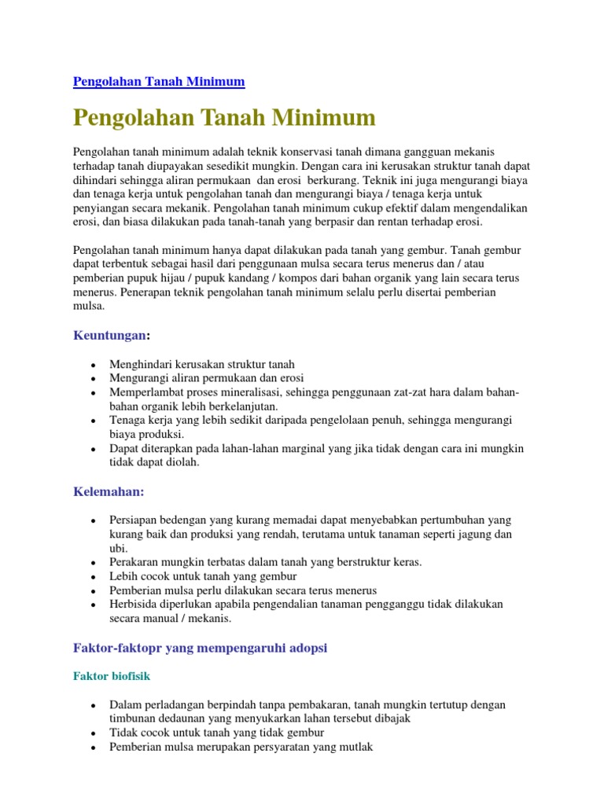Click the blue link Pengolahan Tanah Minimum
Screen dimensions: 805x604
159,81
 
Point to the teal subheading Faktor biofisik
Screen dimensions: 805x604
112,675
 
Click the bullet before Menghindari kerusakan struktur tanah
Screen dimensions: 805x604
94,365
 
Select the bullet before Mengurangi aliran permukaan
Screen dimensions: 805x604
94,378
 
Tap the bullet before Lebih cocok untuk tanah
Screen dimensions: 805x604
94,577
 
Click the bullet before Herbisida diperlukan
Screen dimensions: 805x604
94,605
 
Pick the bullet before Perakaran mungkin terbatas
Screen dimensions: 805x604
94,563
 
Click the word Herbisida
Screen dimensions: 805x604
134,604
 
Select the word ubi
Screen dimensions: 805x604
117,548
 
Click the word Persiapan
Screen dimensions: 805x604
134,520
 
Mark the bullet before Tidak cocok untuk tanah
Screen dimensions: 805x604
94,733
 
